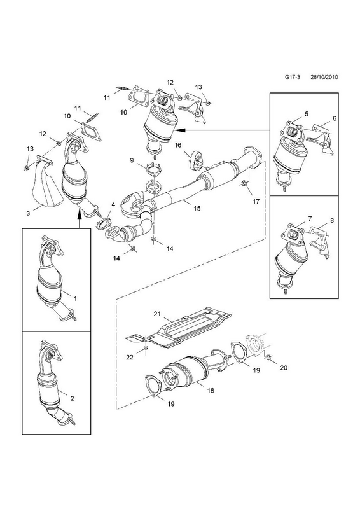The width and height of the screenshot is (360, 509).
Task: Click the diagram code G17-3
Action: click(x=293, y=77)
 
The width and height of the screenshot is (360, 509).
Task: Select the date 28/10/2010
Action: click(x=324, y=77)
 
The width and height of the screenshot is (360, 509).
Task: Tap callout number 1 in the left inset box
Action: click(x=75, y=298)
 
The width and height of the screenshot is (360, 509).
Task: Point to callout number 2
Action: click(x=72, y=398)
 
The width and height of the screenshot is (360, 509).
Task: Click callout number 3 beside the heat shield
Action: click(x=28, y=213)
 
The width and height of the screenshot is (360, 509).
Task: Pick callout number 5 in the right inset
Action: click(x=306, y=114)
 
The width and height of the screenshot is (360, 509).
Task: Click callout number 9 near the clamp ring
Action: click(x=132, y=160)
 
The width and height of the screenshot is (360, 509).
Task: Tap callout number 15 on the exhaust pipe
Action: click(x=197, y=208)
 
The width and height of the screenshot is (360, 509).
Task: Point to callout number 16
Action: click(x=178, y=145)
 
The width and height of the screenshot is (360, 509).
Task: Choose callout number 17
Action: click(x=256, y=201)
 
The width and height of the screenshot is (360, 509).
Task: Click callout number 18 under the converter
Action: click(x=211, y=391)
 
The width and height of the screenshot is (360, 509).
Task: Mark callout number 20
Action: click(x=284, y=368)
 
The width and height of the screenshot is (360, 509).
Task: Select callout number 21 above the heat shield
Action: click(x=157, y=314)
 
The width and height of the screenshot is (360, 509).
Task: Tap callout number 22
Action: click(x=130, y=358)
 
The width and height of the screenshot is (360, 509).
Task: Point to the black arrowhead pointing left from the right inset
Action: click(x=180, y=130)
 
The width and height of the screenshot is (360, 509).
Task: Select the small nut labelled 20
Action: click(x=269, y=358)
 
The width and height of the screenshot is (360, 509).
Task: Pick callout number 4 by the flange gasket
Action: click(x=113, y=204)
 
